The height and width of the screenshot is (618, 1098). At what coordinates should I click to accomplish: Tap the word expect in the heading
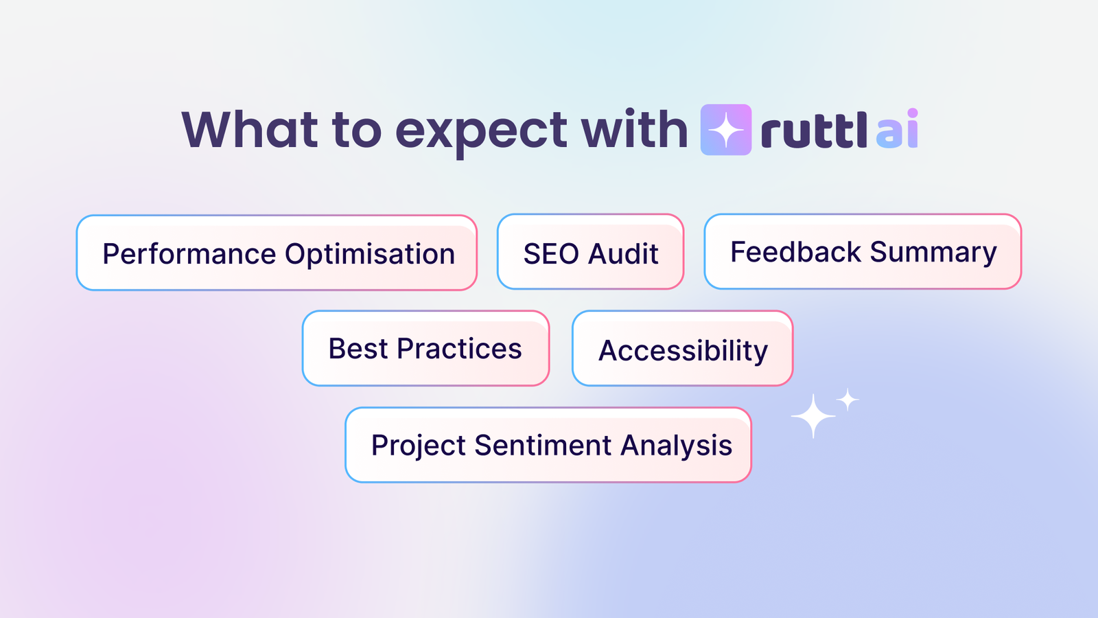pos(481,132)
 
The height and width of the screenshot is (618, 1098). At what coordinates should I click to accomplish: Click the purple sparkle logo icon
pos(725,130)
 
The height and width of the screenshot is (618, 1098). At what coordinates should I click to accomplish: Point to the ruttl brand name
pos(814,130)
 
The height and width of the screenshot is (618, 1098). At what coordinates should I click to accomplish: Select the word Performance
pos(189,254)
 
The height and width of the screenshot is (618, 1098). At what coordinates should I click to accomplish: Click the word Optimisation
pos(370,254)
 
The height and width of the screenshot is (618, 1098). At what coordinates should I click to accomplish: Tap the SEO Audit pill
pos(590,253)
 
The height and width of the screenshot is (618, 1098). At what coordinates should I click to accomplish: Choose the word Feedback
pos(795,252)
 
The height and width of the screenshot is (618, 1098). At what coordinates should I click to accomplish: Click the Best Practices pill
pos(425,348)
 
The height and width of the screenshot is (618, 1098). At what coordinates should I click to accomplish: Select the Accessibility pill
pos(683,350)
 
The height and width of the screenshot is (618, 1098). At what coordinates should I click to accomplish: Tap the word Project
pos(419,446)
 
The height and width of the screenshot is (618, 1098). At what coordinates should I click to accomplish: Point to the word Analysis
pos(677,446)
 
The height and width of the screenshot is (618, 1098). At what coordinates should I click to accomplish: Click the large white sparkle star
pos(813,415)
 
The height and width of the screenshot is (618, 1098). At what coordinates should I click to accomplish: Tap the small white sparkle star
pos(848,400)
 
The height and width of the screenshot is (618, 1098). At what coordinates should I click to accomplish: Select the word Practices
pos(459,348)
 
